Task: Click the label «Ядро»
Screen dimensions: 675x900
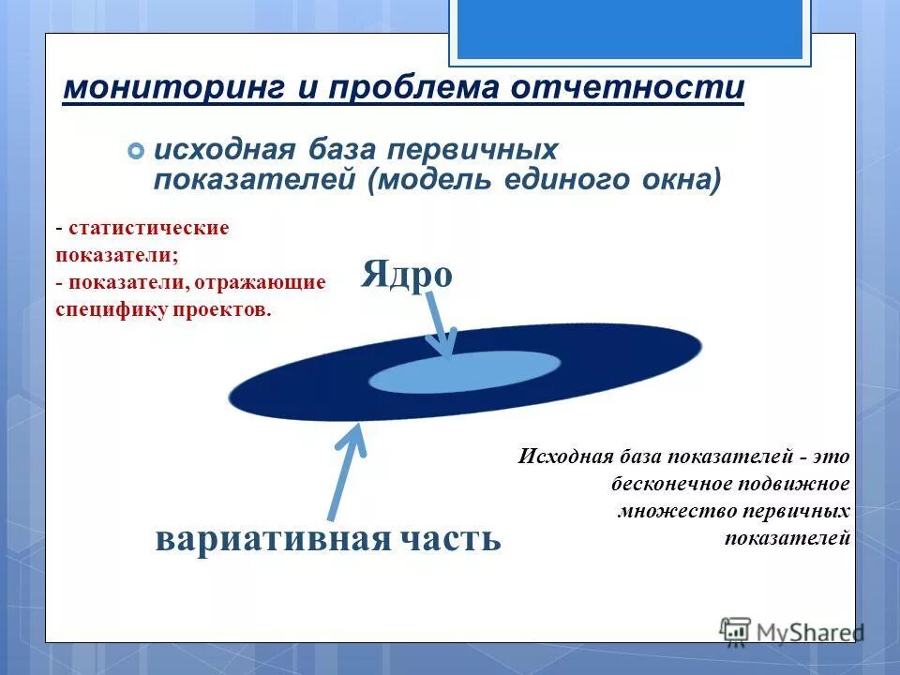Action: coord(407,275)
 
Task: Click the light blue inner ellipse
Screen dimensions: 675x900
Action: coord(464,371)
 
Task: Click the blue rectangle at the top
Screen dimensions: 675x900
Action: coord(629,28)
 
